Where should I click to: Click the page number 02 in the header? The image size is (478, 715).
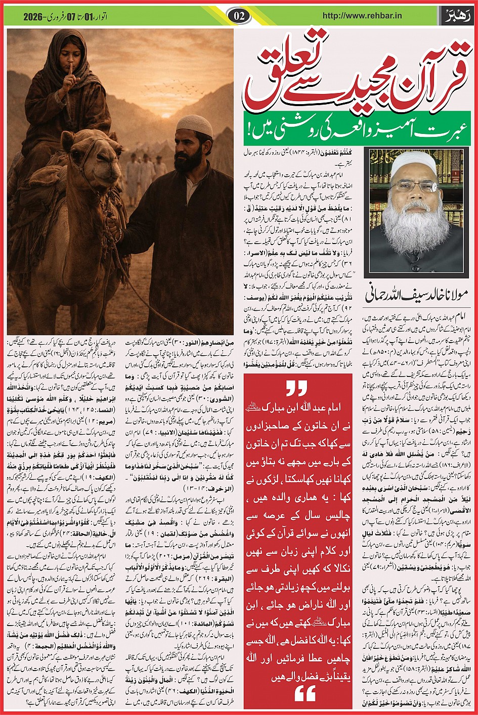click(239, 16)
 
